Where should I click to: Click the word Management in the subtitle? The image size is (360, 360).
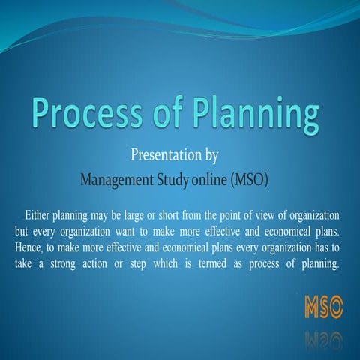click(x=121, y=179)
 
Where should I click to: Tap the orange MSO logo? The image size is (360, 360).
click(x=324, y=306)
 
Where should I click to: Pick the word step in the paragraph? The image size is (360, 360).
click(x=181, y=263)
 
